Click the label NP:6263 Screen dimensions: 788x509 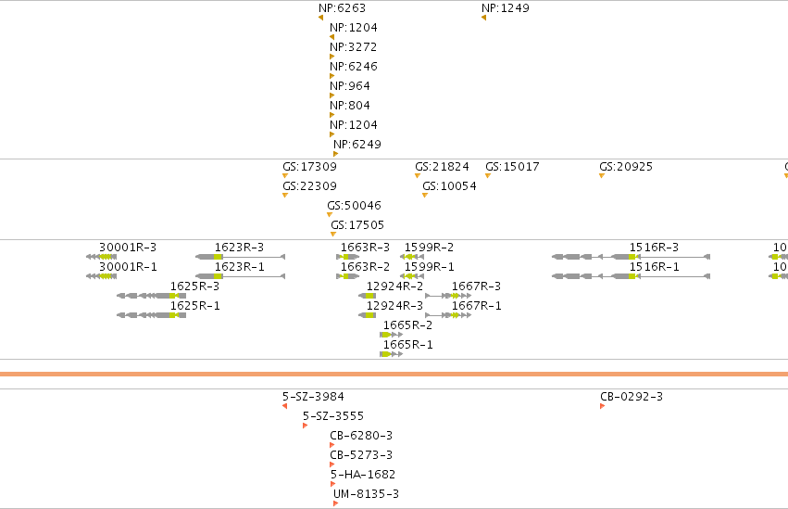pyautogui.click(x=343, y=8)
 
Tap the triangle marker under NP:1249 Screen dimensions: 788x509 pyautogui.click(x=484, y=18)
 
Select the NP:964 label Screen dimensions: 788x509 pyautogui.click(x=350, y=86)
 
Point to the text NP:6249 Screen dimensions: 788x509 pyautogui.click(x=357, y=145)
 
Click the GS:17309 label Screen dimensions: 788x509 pyautogui.click(x=309, y=167)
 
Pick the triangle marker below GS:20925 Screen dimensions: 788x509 pyautogui.click(x=602, y=175)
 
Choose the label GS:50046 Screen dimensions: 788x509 pyautogui.click(x=355, y=205)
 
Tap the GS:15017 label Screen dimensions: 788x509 pyautogui.click(x=513, y=167)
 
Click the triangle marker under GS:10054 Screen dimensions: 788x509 pyautogui.click(x=425, y=195)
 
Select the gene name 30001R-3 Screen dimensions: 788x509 pyautogui.click(x=128, y=248)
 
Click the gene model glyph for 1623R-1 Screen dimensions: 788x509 pyautogui.click(x=240, y=276)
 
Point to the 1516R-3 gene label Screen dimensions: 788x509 pyautogui.click(x=654, y=248)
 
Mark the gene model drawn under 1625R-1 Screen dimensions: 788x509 pyautogui.click(x=151, y=315)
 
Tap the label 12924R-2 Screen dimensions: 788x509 pyautogui.click(x=394, y=286)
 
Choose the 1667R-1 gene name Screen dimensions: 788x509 pyautogui.click(x=477, y=306)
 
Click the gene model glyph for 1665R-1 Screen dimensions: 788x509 pyautogui.click(x=392, y=354)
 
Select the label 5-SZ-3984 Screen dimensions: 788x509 pyautogui.click(x=313, y=397)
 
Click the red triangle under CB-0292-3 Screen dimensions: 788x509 pyautogui.click(x=603, y=406)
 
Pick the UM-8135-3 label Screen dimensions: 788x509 pyautogui.click(x=366, y=494)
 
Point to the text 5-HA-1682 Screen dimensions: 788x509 pyautogui.click(x=363, y=475)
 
